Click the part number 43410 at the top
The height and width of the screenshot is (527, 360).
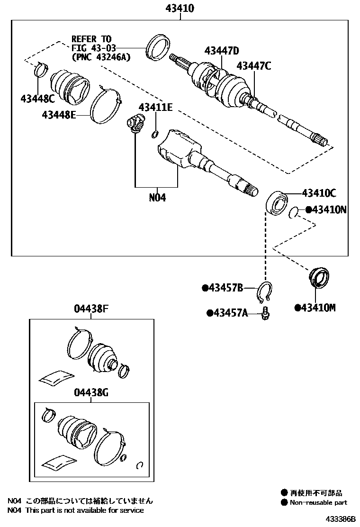click(180, 8)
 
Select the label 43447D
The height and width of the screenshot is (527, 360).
click(222, 51)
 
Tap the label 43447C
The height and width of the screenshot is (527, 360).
click(254, 66)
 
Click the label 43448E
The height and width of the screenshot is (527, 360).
click(59, 115)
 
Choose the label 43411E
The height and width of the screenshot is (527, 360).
click(155, 108)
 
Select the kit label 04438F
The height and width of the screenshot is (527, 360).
click(91, 309)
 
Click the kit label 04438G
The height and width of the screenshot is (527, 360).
click(91, 392)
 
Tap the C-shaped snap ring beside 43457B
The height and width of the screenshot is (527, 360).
click(265, 291)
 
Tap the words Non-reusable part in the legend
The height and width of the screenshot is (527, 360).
click(318, 502)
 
